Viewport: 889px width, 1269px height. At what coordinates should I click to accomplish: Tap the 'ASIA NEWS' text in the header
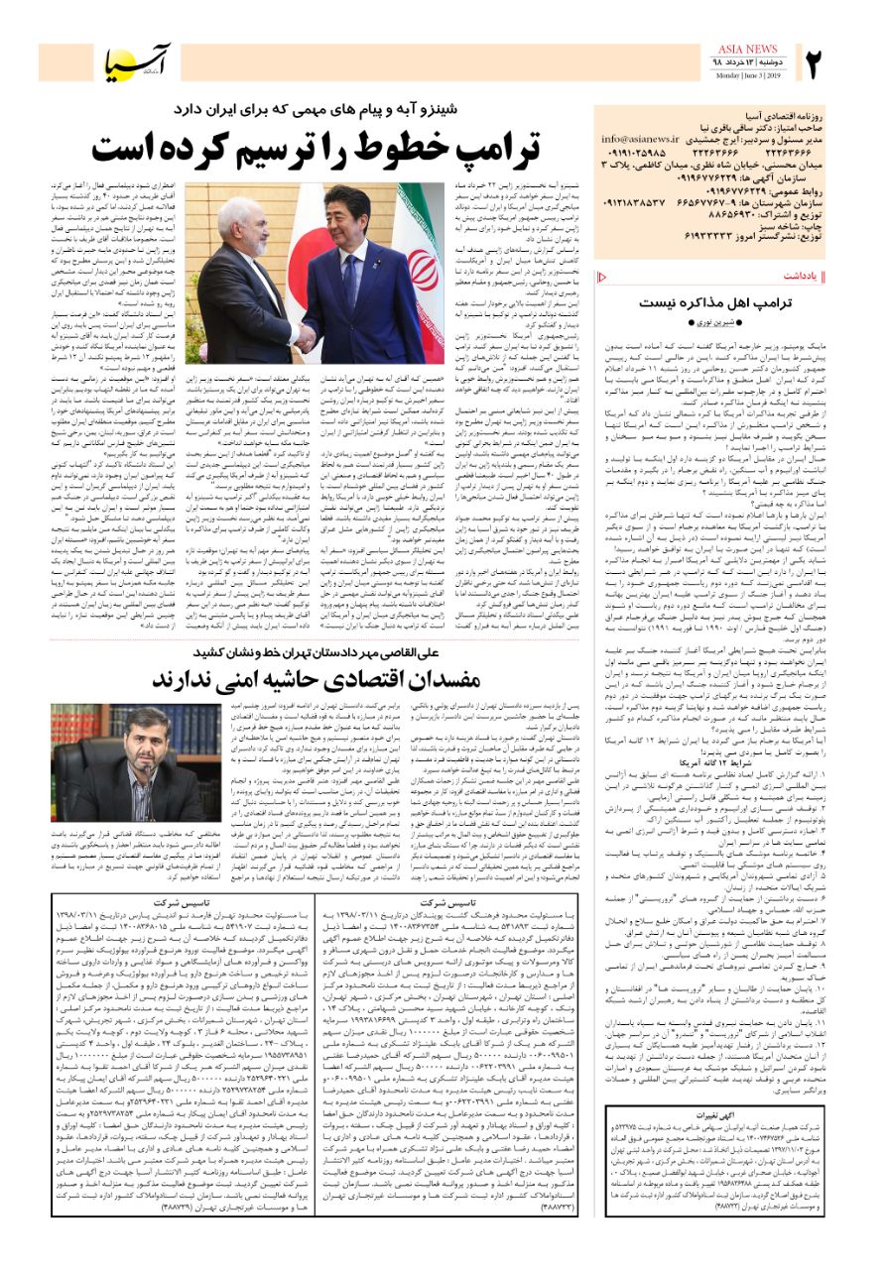coord(748,49)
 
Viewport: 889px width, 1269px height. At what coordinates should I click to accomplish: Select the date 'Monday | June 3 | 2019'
coord(748,75)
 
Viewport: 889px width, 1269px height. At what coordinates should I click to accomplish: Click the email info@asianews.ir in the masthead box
coord(640,140)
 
